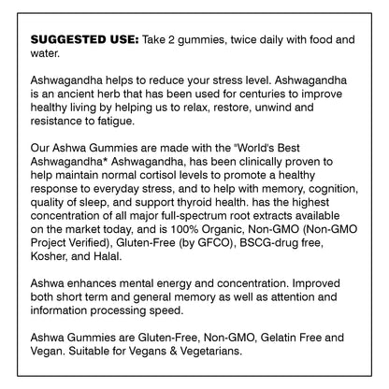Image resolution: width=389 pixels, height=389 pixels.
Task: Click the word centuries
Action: (x=280, y=106)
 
